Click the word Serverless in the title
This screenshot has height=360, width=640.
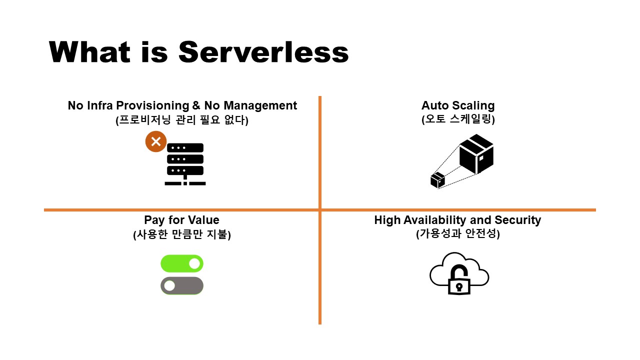pos(263,52)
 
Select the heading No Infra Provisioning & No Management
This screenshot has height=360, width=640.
pos(182,105)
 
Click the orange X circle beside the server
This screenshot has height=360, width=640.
pos(155,141)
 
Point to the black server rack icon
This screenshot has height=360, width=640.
pos(185,164)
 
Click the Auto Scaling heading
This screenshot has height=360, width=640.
pos(457,105)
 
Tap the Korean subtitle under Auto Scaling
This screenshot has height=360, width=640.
pos(457,119)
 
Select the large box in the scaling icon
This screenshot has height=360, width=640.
pos(476,154)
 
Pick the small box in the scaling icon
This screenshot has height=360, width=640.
pos(437,180)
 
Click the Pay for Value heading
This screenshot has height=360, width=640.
pos(181,220)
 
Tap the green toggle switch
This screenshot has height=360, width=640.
pos(182,263)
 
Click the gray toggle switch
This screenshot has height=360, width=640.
pos(182,285)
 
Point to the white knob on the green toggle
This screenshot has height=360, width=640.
pos(194,263)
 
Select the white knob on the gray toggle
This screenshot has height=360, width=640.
pos(169,285)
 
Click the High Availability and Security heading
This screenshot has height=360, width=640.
pos(457,220)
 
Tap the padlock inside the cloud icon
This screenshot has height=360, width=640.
pos(458,281)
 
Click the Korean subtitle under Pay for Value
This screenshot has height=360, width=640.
pos(181,234)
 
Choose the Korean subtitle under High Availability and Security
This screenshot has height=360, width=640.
pos(457,233)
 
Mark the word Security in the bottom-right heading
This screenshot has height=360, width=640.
pos(517,220)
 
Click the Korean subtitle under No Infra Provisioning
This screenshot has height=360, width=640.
pos(182,119)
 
